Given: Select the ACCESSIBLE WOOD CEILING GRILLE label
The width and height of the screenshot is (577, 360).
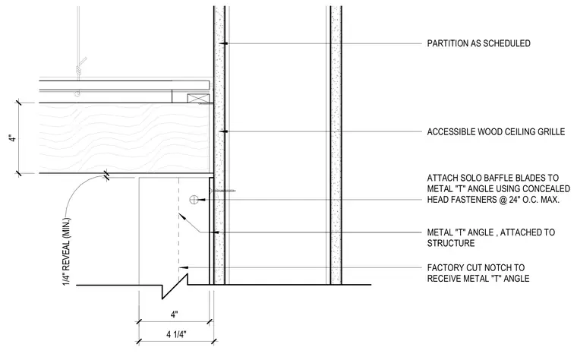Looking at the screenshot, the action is click(x=496, y=132).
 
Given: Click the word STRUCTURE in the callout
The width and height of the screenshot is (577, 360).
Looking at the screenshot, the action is click(x=451, y=243).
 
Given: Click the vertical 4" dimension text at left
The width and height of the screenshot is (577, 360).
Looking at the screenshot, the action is click(x=13, y=138).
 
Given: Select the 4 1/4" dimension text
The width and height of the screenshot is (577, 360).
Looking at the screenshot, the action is click(x=176, y=335).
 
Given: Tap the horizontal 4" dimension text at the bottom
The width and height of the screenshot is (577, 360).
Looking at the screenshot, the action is click(x=174, y=314).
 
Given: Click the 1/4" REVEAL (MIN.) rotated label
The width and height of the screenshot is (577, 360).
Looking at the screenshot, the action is click(x=67, y=252).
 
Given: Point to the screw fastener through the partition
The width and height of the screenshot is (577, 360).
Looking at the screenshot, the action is click(x=222, y=191).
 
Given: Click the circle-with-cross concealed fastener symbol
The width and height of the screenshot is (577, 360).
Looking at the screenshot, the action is click(x=193, y=200).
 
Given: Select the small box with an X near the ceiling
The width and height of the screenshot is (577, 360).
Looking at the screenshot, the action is click(x=198, y=99).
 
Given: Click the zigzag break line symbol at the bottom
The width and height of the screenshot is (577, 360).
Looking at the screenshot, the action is click(x=175, y=286).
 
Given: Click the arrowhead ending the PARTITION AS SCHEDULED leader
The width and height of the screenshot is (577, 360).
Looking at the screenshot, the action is click(x=224, y=44).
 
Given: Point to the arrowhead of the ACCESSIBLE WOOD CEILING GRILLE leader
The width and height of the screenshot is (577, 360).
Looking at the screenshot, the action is click(x=224, y=131).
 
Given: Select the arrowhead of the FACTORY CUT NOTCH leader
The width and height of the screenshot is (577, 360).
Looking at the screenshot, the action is click(x=183, y=267).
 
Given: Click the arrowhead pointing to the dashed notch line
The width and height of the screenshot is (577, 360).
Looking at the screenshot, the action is click(x=182, y=216).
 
